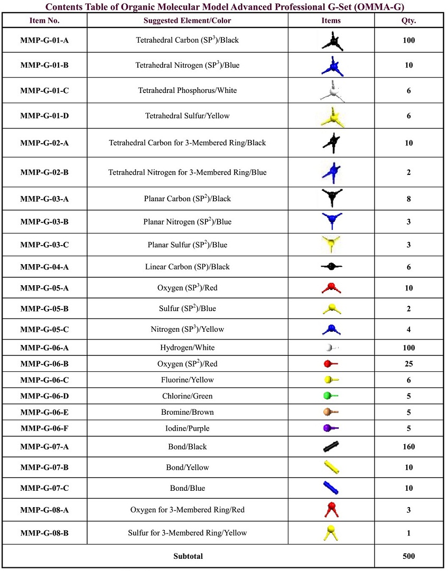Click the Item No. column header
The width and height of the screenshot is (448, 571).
pyautogui.click(x=44, y=21)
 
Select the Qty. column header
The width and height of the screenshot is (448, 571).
pyautogui.click(x=408, y=21)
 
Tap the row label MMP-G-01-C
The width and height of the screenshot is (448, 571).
pyautogui.click(x=44, y=90)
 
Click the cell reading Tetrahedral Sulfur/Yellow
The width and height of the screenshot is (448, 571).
pyautogui.click(x=187, y=116)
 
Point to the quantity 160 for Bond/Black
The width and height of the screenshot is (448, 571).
pyautogui.click(x=408, y=447)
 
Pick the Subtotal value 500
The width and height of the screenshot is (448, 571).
pyautogui.click(x=408, y=556)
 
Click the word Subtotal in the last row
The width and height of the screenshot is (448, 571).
pyautogui.click(x=188, y=556)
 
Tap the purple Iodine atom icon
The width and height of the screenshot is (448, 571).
pyautogui.click(x=330, y=428)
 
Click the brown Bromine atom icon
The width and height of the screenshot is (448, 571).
pyautogui.click(x=330, y=412)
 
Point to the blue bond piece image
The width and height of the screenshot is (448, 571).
pyautogui.click(x=331, y=488)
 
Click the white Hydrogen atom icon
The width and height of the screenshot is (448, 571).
pyautogui.click(x=330, y=348)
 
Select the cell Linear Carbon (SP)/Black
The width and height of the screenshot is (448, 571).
pyautogui.click(x=187, y=267)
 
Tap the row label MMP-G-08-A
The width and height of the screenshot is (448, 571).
pyautogui.click(x=44, y=510)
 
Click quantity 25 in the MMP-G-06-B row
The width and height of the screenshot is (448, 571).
pyautogui.click(x=408, y=364)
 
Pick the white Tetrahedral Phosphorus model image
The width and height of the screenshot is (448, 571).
pyautogui.click(x=331, y=91)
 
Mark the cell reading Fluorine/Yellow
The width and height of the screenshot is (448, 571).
pyautogui.click(x=187, y=380)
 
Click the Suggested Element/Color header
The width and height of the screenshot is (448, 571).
pyautogui.click(x=187, y=21)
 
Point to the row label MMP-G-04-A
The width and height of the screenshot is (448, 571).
pyautogui.click(x=44, y=267)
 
